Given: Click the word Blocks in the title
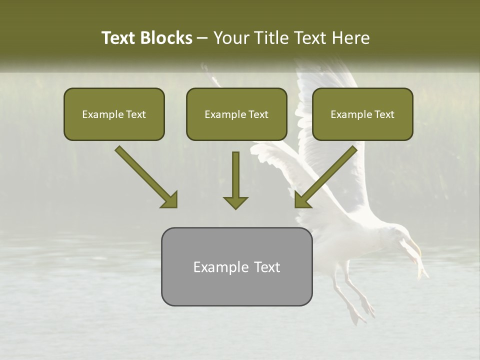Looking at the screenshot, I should pos(166,38).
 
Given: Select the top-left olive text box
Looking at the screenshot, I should pos(114,114).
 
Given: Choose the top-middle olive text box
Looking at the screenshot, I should pos(236,114).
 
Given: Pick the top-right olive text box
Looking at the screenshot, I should pos(362,114).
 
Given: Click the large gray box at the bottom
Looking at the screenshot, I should pos(236,266).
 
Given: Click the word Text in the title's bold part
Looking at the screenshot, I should pos(118,38).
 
